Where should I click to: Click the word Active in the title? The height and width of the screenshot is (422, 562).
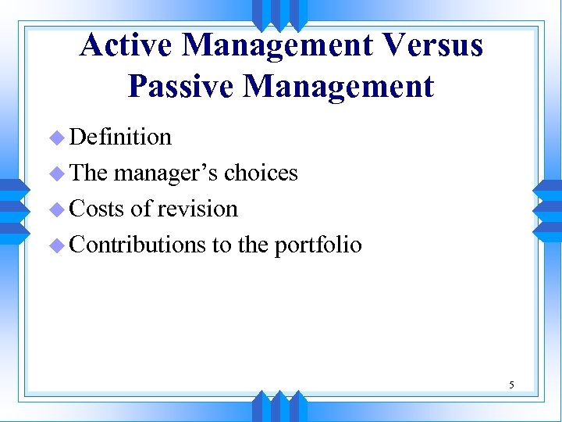click(126, 45)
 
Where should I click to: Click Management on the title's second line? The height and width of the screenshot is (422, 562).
click(338, 86)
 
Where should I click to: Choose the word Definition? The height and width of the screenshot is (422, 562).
click(120, 137)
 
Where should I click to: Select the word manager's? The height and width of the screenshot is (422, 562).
click(166, 173)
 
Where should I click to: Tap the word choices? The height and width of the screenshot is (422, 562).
click(261, 173)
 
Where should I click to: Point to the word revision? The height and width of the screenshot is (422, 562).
click(197, 209)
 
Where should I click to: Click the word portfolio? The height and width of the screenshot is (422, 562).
click(318, 245)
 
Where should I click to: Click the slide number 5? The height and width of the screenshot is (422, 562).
click(511, 384)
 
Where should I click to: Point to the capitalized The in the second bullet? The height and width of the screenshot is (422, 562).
click(89, 173)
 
